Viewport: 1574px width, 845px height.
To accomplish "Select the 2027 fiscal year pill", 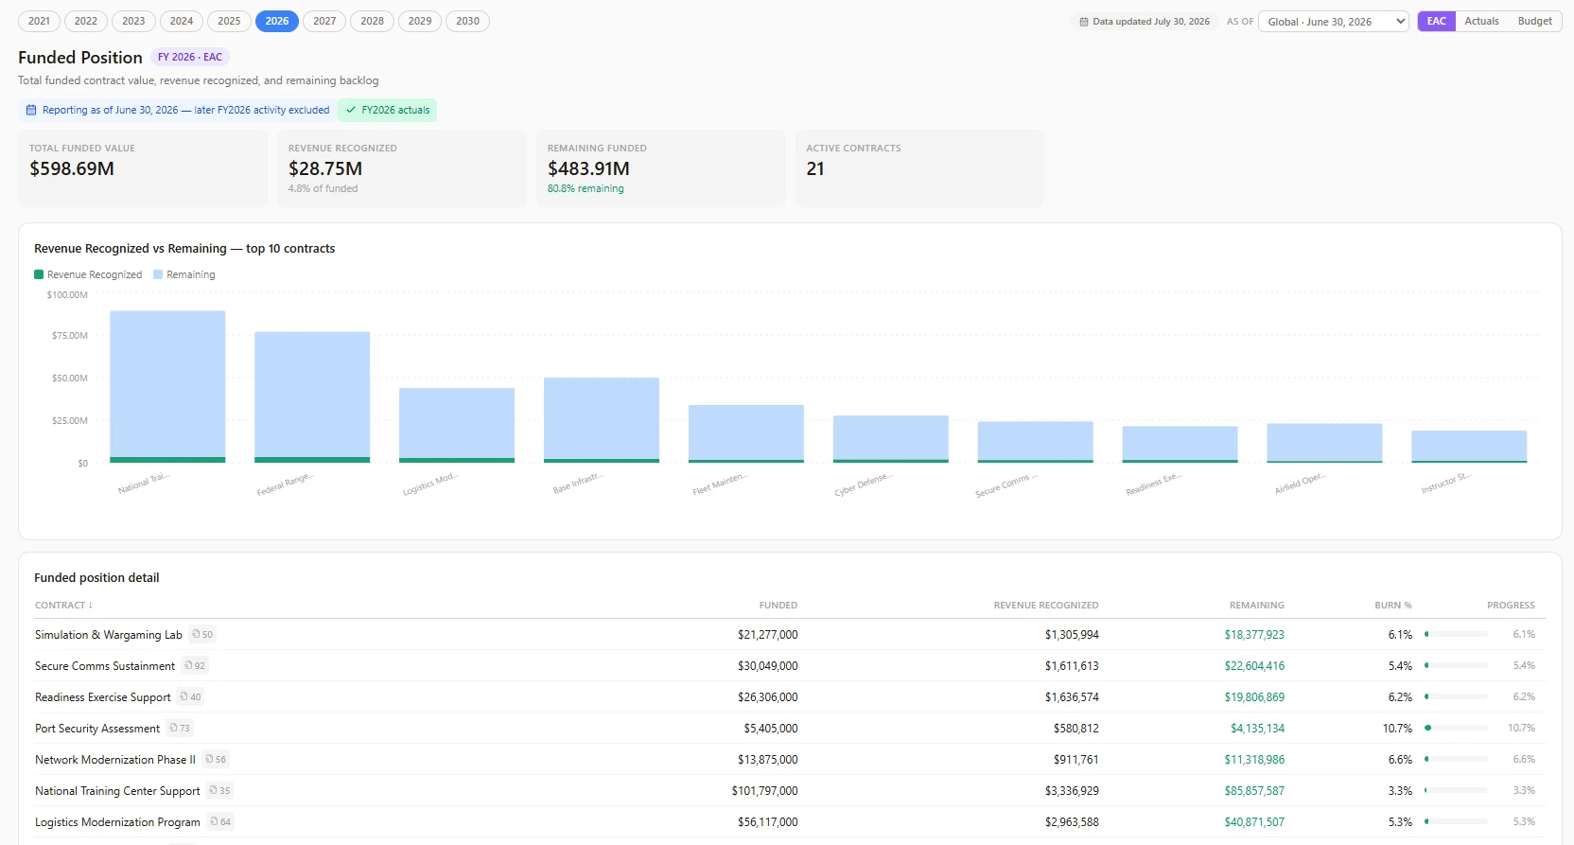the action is [324, 21].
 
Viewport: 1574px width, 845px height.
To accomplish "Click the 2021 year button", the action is [40, 21].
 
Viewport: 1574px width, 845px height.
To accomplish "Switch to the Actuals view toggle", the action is [1481, 21].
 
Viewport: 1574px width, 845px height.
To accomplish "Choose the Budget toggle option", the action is [1534, 21].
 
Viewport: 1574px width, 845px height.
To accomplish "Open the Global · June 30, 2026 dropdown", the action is [1333, 21].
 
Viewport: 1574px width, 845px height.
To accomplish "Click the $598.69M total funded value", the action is [72, 168].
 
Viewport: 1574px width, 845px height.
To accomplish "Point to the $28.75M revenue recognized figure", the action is [325, 168].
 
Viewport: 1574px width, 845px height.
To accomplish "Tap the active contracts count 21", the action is [815, 168].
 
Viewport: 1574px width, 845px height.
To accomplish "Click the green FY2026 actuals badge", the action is [387, 110].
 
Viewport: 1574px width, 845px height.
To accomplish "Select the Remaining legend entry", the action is [184, 274].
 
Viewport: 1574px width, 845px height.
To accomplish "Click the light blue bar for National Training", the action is [168, 384].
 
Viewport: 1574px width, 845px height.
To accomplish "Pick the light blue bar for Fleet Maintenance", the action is [746, 432].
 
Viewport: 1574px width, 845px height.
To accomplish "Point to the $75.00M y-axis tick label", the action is [70, 335].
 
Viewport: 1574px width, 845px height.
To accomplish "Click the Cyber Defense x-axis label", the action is [864, 484].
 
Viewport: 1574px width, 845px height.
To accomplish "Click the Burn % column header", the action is [1392, 606].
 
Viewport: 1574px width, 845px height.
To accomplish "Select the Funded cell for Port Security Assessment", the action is [771, 729].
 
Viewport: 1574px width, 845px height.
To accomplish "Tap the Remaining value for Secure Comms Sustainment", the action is [1254, 666].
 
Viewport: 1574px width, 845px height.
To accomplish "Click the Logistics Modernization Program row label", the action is [117, 821].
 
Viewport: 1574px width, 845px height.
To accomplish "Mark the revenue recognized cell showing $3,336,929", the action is [1072, 791].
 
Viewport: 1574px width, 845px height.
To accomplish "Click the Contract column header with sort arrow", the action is [64, 606].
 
